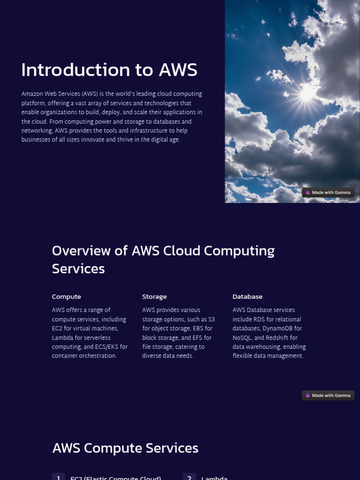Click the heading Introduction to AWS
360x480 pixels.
tap(109, 70)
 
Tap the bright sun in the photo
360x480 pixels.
tap(307, 93)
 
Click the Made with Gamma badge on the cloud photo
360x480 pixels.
tap(328, 193)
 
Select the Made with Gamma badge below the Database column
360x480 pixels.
tap(328, 396)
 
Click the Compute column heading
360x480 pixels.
tap(67, 297)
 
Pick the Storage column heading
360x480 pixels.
tap(154, 297)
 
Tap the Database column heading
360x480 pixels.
tap(247, 297)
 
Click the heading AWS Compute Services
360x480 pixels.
tap(125, 448)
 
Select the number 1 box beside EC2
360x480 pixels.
tap(58, 477)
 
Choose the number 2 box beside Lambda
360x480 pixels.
tap(189, 477)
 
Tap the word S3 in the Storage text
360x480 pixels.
tap(211, 319)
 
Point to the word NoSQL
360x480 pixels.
tap(242, 338)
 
